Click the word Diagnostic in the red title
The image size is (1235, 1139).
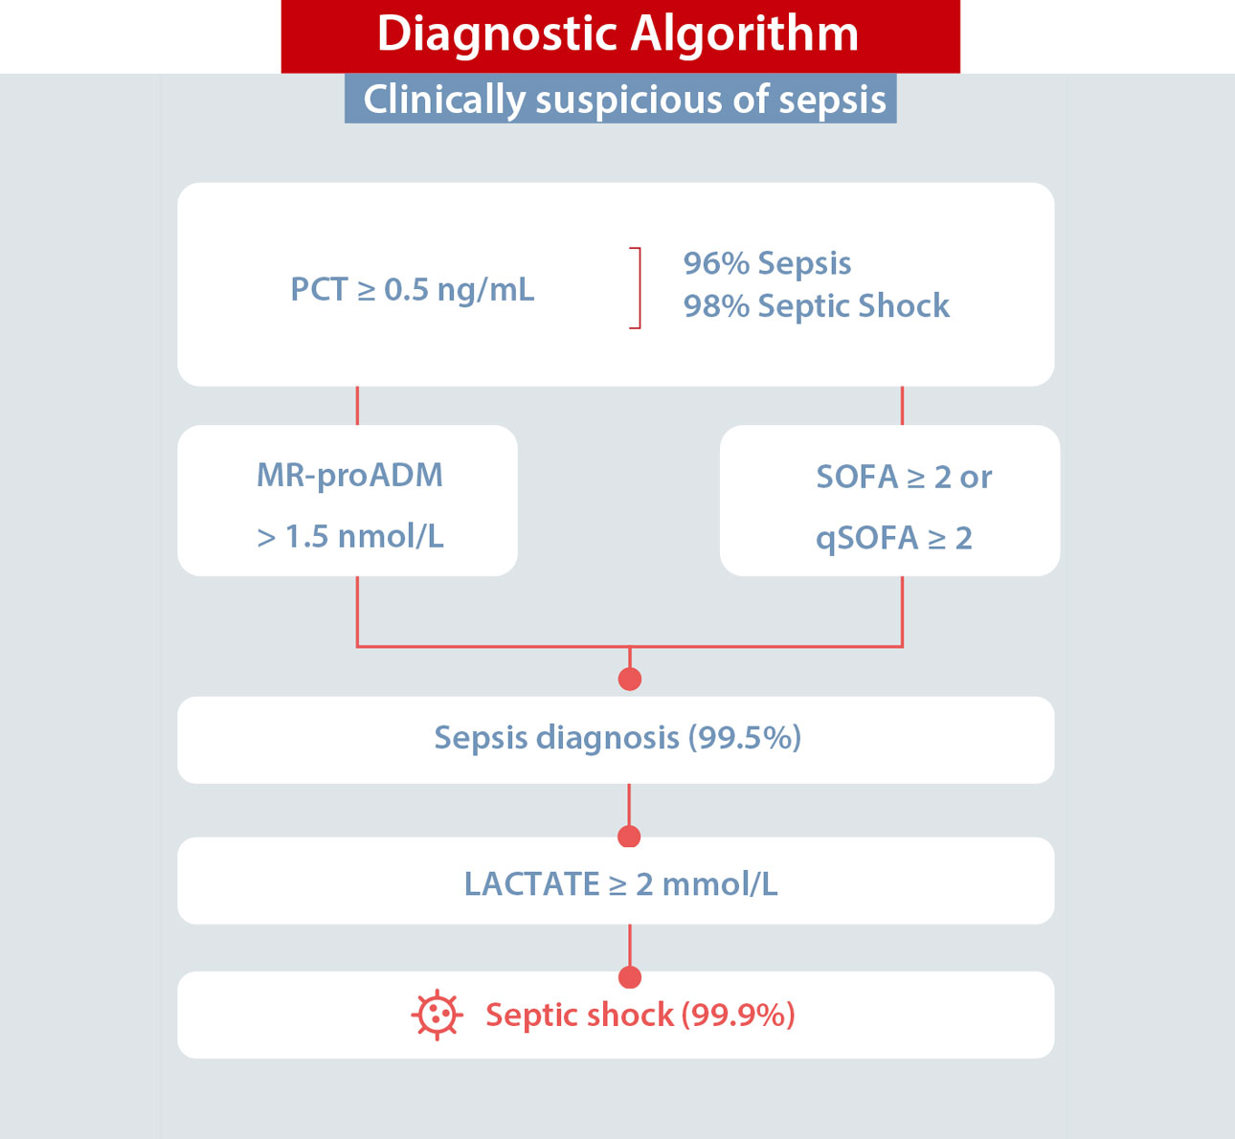coord(498,35)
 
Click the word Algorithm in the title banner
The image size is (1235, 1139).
coord(745,35)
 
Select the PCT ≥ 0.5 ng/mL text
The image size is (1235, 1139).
coord(413,290)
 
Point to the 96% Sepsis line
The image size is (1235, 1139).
coord(767,263)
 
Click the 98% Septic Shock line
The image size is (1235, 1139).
coord(817,306)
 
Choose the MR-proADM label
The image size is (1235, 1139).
coord(350,476)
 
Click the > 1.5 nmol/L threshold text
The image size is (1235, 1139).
coord(350,537)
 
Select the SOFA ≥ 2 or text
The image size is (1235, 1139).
coord(904,477)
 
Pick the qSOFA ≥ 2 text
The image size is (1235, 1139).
coord(893,539)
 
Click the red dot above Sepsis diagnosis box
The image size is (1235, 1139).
coord(630,679)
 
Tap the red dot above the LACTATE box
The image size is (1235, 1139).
coord(629,837)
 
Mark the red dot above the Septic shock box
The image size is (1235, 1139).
coord(630,976)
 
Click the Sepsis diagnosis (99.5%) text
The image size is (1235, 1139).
coord(617,738)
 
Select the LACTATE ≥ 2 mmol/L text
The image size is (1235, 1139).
coord(620,884)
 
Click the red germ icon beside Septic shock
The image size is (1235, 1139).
coord(438,1016)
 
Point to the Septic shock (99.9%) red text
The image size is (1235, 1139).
coord(640,1016)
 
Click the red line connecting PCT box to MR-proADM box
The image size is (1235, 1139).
coord(357,406)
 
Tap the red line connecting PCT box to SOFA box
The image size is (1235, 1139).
coord(902,406)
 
